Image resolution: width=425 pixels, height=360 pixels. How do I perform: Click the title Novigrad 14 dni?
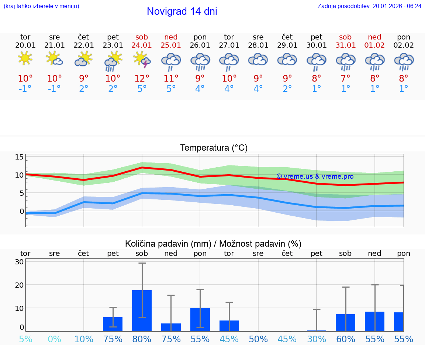(182, 11)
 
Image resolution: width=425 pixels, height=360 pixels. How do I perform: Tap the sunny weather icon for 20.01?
(25, 58)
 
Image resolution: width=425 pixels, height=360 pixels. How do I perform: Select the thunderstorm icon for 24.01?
(142, 60)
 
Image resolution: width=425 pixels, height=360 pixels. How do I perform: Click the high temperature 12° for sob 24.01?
(142, 78)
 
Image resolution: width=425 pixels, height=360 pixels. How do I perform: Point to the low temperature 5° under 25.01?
(171, 89)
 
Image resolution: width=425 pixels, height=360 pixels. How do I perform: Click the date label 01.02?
(374, 45)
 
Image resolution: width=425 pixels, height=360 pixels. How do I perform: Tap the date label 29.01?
(287, 45)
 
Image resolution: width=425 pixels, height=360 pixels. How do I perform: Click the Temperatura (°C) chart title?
(214, 148)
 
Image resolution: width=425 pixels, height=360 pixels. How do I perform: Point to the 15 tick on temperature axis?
(19, 157)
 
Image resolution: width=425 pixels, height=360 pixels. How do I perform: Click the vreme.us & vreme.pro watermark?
(315, 176)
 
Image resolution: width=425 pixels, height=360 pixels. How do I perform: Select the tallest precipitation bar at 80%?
(142, 311)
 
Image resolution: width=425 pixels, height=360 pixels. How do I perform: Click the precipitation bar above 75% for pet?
(113, 324)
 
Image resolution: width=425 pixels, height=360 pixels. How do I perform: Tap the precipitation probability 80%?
(142, 339)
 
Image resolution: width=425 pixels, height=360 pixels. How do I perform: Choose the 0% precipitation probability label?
(54, 339)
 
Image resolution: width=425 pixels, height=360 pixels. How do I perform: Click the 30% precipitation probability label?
(317, 339)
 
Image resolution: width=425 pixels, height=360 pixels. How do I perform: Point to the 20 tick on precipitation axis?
(19, 285)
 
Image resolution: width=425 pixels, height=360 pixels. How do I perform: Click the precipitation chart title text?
(213, 244)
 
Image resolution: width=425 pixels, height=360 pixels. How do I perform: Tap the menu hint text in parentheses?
(41, 6)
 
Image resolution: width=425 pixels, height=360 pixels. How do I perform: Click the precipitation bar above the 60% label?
(345, 322)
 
